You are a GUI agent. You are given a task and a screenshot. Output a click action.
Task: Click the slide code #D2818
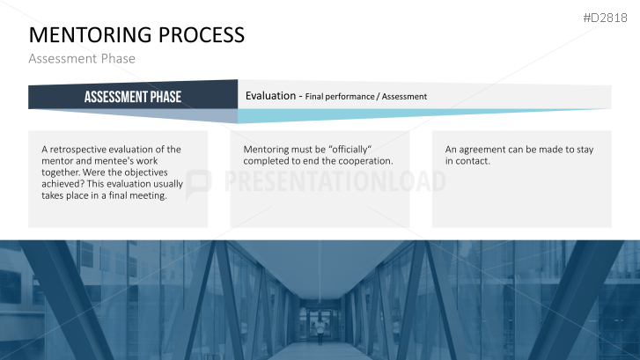[605, 18]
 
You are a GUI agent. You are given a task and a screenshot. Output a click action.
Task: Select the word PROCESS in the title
[202, 34]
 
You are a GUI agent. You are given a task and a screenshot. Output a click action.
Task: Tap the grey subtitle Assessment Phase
[82, 58]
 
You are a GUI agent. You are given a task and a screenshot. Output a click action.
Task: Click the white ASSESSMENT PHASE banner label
[133, 97]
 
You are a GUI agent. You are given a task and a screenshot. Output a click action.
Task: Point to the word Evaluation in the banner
[270, 96]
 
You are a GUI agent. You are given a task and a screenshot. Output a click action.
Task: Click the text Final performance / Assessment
[365, 97]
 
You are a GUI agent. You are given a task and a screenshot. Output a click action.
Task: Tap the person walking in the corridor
[320, 331]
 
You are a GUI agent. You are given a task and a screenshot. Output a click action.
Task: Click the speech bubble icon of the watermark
[198, 185]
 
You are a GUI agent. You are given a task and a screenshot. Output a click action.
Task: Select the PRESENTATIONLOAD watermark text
[335, 181]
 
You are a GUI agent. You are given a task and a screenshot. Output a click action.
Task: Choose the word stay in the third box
[585, 150]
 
